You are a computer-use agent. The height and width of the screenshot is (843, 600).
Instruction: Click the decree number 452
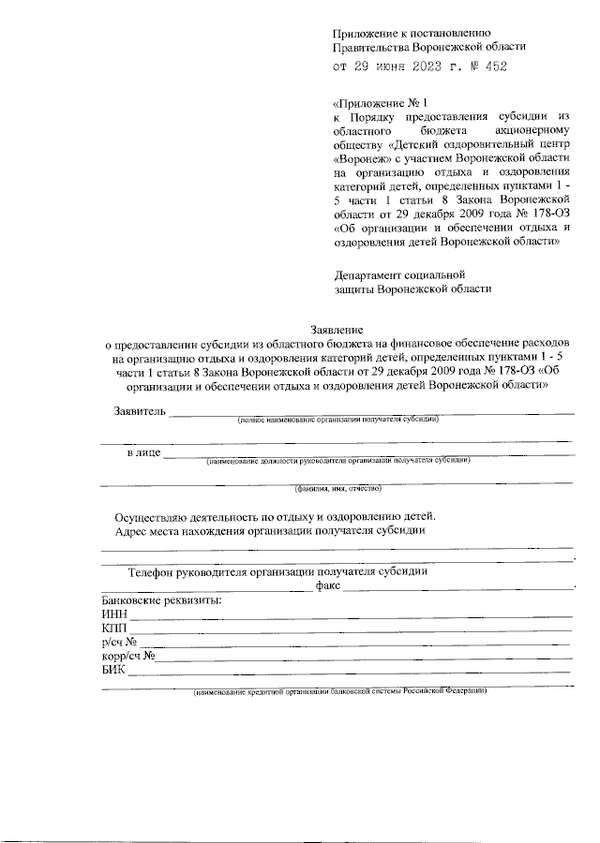pyautogui.click(x=503, y=67)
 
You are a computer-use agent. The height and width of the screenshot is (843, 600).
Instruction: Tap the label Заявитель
pyautogui.click(x=140, y=411)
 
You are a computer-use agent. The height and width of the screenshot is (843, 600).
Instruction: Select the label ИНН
pyautogui.click(x=112, y=614)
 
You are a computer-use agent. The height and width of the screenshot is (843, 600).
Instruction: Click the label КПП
pyautogui.click(x=112, y=628)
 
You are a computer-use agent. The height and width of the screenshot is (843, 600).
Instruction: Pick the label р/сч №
pyautogui.click(x=120, y=642)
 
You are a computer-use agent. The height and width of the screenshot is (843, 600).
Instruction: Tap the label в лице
pyautogui.click(x=142, y=453)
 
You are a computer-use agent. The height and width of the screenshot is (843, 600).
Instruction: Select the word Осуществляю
pyautogui.click(x=154, y=515)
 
